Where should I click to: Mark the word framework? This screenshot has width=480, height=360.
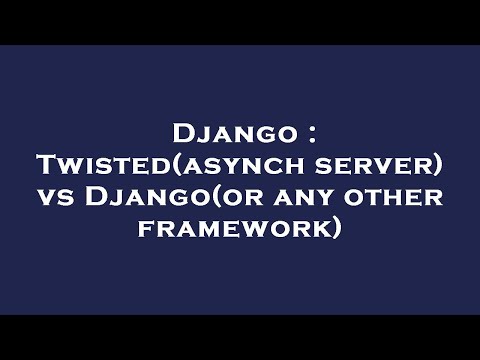point(233,229)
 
